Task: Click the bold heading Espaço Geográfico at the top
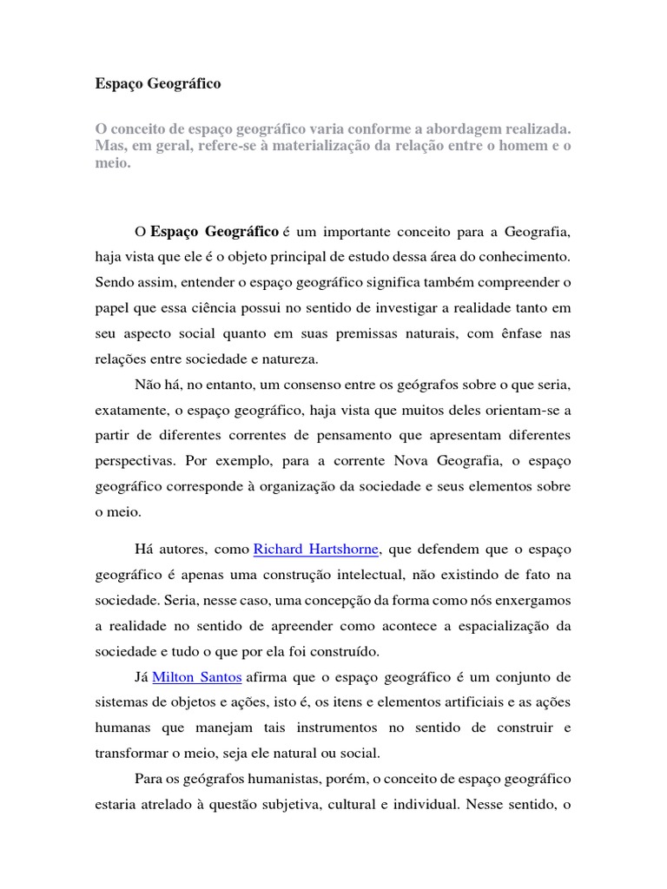[x=157, y=84]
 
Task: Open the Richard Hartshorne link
[x=318, y=550]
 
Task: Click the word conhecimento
[x=516, y=258]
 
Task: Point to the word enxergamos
[x=530, y=601]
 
